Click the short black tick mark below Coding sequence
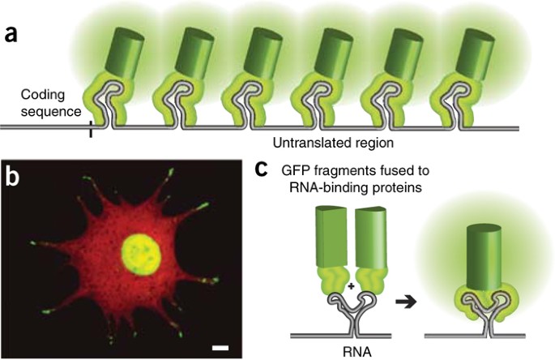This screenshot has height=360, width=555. pyautogui.click(x=91, y=129)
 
